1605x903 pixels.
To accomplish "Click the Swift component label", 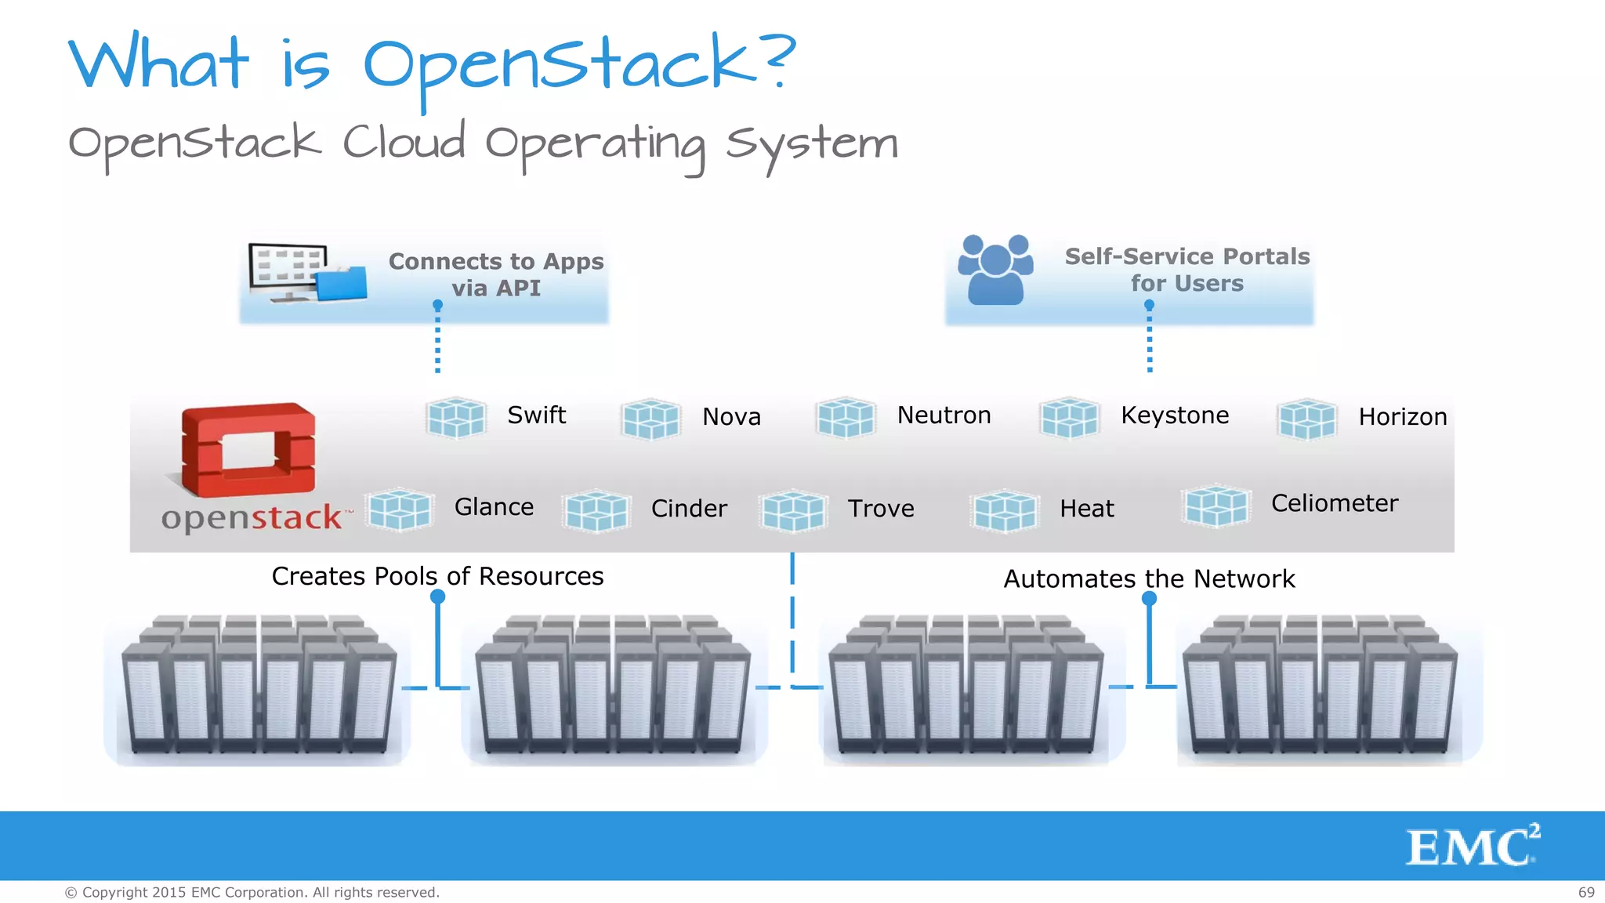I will (x=536, y=415).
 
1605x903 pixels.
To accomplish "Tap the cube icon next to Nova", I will (x=650, y=419).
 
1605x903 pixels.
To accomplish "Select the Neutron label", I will (x=944, y=415).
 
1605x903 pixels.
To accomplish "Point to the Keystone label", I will (x=1174, y=415).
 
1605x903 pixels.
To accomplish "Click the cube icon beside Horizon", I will (x=1306, y=419).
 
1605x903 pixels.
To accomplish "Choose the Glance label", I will (x=494, y=507).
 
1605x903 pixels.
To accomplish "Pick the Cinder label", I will (x=689, y=509).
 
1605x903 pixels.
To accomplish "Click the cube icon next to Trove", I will (x=792, y=510).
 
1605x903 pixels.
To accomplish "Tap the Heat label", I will (x=1086, y=509).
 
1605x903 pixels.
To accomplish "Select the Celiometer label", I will (x=1334, y=503).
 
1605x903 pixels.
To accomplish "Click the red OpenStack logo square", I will (x=248, y=451).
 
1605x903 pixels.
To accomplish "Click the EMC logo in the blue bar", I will (x=1472, y=846).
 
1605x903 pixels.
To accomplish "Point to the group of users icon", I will (x=995, y=270).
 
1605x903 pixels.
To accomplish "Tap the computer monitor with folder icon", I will (x=306, y=273).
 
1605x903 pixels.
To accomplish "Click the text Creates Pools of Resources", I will (x=437, y=576).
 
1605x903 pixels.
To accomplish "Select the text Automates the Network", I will (x=1149, y=578).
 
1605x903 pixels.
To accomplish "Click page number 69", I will (x=1585, y=892).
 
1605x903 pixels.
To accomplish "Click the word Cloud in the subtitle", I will (x=404, y=143).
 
